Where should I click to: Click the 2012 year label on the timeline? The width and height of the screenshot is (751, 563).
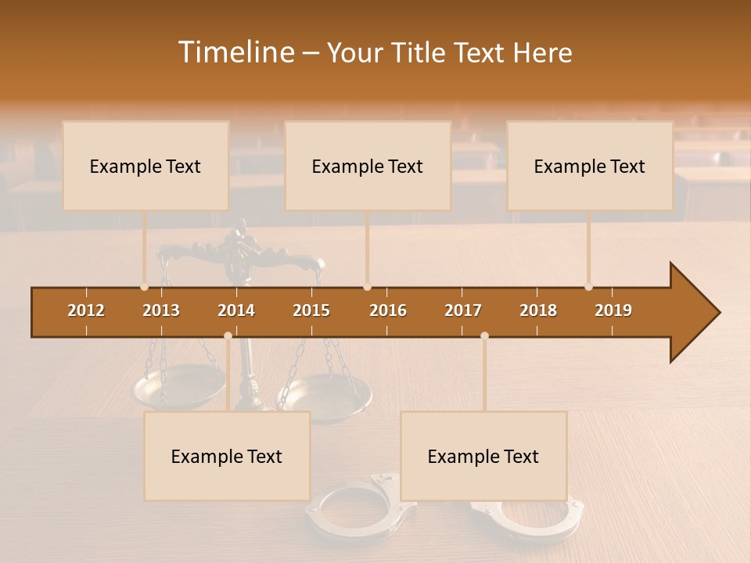(86, 310)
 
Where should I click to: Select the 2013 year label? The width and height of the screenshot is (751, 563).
(161, 310)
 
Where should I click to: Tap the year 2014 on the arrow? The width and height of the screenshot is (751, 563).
(236, 310)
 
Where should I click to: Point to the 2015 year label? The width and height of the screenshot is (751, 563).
(311, 310)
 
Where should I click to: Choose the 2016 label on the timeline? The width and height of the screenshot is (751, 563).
(388, 310)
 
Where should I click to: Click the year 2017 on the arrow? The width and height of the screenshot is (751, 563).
(463, 310)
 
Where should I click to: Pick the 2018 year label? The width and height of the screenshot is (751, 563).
(538, 310)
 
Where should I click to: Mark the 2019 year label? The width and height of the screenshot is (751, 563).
(613, 310)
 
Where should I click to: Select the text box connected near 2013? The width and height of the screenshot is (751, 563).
(146, 166)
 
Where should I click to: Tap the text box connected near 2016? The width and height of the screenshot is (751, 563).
(368, 166)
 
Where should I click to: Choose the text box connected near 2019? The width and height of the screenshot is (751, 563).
(590, 166)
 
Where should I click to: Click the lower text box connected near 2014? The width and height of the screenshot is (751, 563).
(227, 456)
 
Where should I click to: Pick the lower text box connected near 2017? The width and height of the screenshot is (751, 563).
(483, 456)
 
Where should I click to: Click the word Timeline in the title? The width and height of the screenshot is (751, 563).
(235, 52)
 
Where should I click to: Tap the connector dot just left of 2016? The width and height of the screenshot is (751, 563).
(368, 286)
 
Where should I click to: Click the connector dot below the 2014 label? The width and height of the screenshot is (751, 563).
(228, 335)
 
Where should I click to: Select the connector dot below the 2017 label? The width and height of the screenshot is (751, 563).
(484, 335)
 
